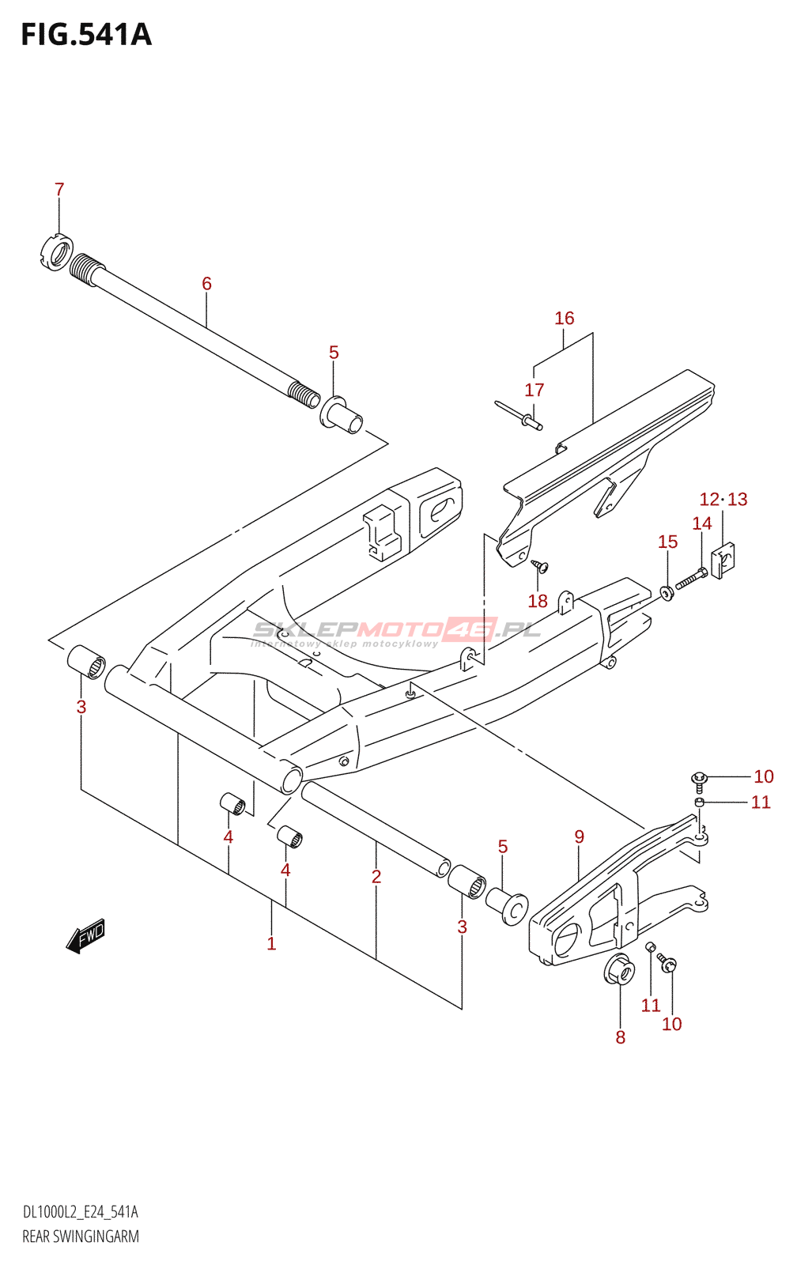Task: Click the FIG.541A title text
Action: [85, 35]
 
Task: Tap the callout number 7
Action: [59, 190]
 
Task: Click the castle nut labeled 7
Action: [56, 252]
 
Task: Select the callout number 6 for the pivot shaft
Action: [206, 283]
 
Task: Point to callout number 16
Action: [564, 318]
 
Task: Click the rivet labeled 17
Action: [518, 416]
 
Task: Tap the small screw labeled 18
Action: [541, 565]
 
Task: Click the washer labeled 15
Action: [667, 591]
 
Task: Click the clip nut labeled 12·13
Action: [723, 559]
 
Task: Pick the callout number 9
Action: [580, 836]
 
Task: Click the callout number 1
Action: [271, 943]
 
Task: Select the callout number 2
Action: [376, 876]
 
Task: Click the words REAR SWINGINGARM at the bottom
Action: [81, 1237]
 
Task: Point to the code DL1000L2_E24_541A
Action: [80, 1212]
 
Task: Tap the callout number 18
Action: [538, 601]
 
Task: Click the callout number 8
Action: [621, 1037]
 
